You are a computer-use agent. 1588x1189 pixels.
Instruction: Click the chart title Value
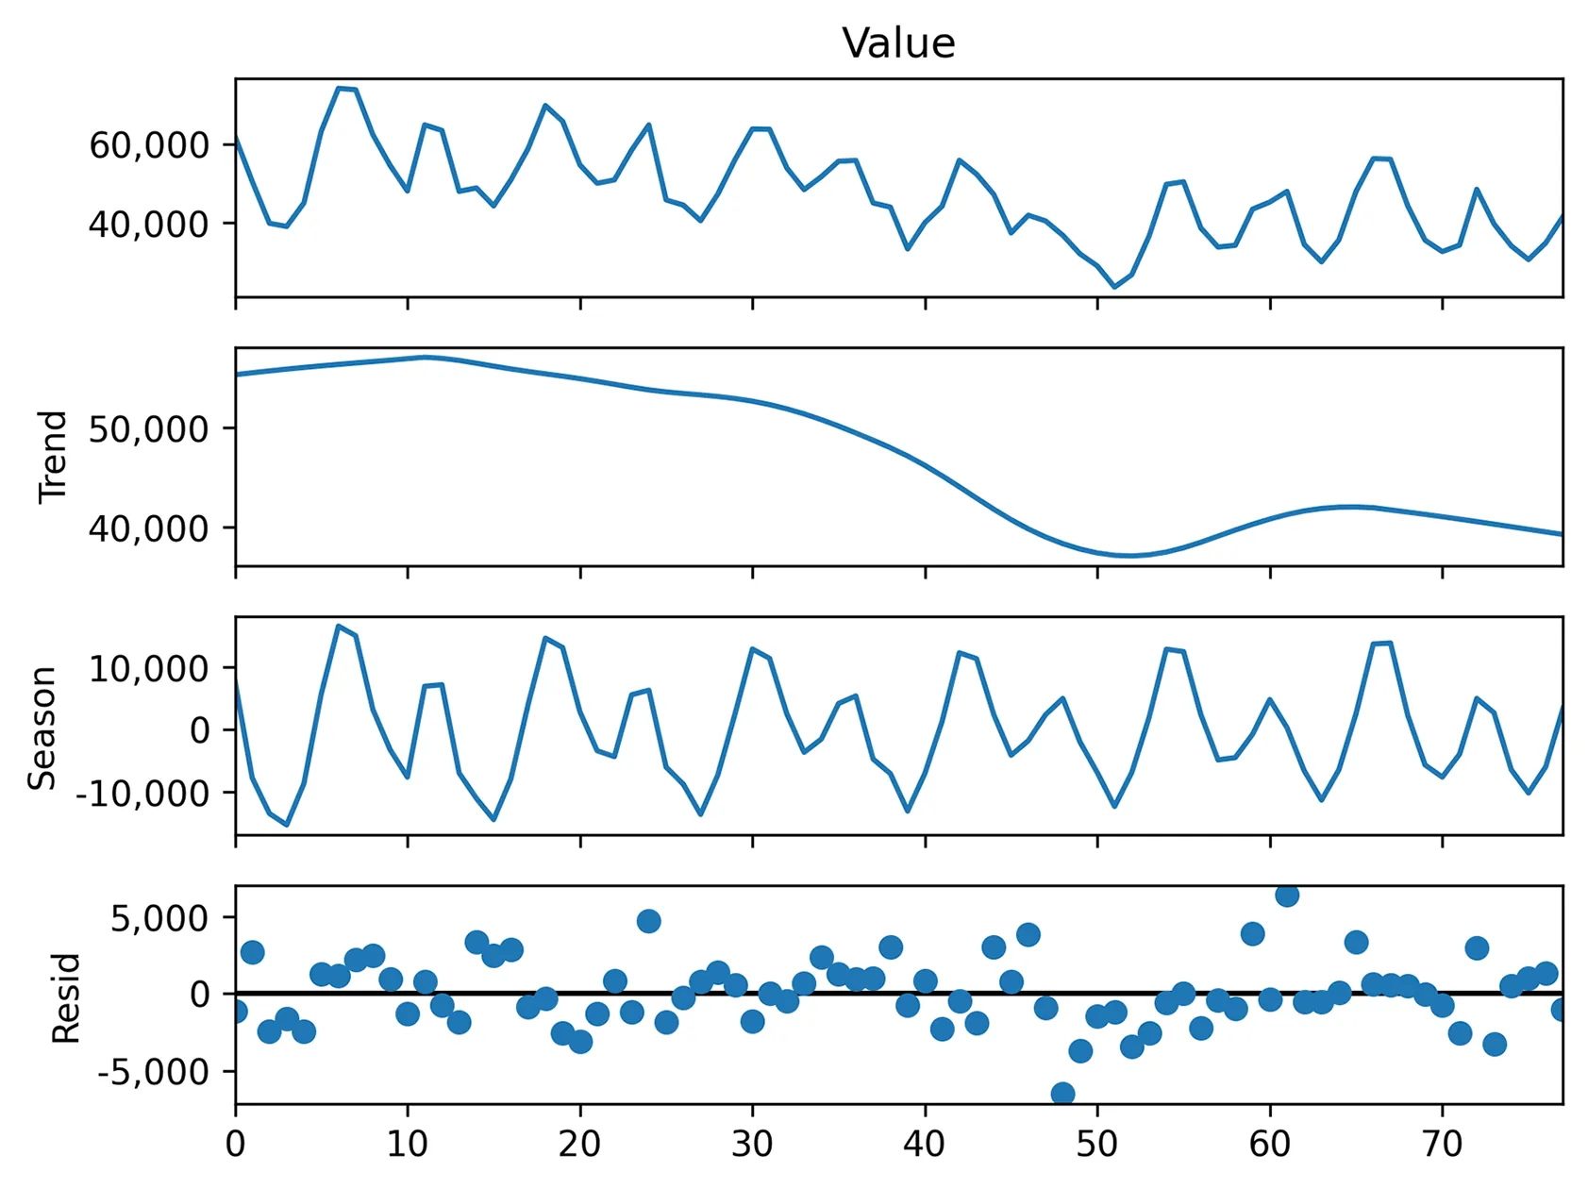click(x=898, y=43)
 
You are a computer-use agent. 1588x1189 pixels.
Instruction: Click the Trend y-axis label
click(x=54, y=457)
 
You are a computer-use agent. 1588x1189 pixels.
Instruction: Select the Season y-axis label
click(x=42, y=728)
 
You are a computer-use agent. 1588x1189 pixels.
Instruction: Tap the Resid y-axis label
click(x=66, y=997)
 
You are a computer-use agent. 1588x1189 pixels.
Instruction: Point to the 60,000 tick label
click(x=149, y=145)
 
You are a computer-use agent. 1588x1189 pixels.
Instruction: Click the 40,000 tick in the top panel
click(x=149, y=225)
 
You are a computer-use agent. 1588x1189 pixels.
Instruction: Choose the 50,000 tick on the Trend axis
click(x=149, y=429)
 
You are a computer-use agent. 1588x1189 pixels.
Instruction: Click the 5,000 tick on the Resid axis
click(x=159, y=918)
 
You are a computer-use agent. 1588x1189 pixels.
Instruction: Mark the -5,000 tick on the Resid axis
click(x=153, y=1073)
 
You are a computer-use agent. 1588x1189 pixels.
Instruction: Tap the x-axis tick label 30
click(x=752, y=1145)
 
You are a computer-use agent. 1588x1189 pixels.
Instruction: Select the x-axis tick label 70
click(x=1442, y=1145)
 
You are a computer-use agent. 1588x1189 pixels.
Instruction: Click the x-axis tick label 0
click(x=235, y=1145)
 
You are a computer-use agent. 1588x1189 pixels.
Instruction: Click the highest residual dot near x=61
click(x=1287, y=894)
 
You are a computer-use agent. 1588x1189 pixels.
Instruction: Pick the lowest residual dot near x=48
click(x=1062, y=1095)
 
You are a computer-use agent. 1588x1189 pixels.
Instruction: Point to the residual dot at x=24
click(x=648, y=921)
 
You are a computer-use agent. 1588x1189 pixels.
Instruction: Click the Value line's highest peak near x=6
click(x=339, y=88)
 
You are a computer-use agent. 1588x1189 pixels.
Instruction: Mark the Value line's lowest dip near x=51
click(x=1114, y=287)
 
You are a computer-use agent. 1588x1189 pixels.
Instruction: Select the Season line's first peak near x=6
click(x=339, y=626)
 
